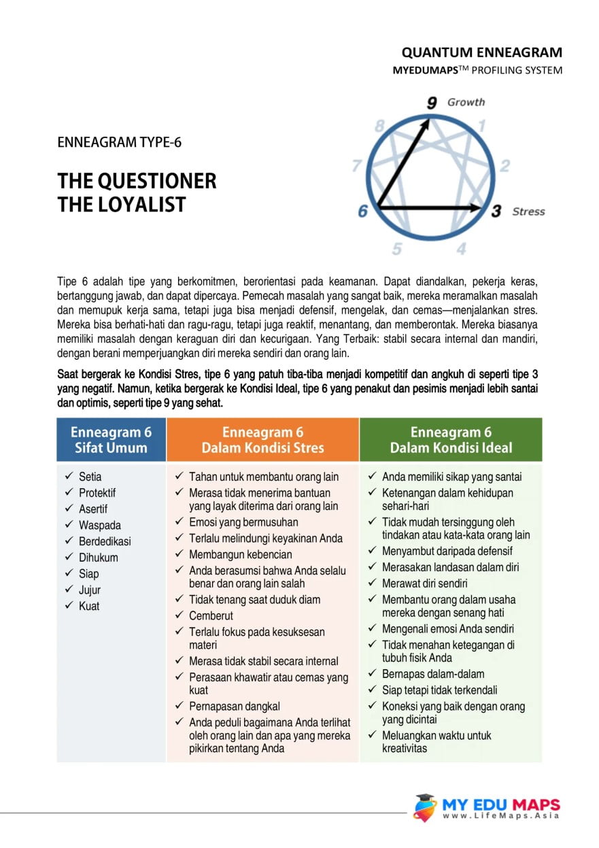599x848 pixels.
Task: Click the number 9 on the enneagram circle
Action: (432, 103)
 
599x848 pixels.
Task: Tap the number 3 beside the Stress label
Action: (496, 211)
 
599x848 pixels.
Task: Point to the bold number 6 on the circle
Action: (363, 211)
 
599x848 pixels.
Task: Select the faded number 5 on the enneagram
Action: (396, 249)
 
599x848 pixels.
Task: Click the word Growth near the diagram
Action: (466, 102)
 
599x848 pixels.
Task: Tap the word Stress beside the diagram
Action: (528, 211)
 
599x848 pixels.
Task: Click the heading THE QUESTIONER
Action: (137, 181)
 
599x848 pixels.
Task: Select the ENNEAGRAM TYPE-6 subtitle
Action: (119, 143)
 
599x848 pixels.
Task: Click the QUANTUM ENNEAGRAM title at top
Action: (481, 52)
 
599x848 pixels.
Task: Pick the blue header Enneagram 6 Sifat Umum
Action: (111, 440)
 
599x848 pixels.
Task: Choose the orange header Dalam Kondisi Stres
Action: (262, 440)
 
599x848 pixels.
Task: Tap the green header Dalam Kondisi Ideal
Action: (451, 440)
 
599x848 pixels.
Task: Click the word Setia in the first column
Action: (90, 477)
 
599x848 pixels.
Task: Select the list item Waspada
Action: (99, 525)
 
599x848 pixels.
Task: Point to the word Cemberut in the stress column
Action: (211, 615)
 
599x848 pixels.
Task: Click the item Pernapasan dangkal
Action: (234, 706)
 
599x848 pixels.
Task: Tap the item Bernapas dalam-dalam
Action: (433, 674)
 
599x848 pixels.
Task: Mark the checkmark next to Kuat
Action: (69, 605)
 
